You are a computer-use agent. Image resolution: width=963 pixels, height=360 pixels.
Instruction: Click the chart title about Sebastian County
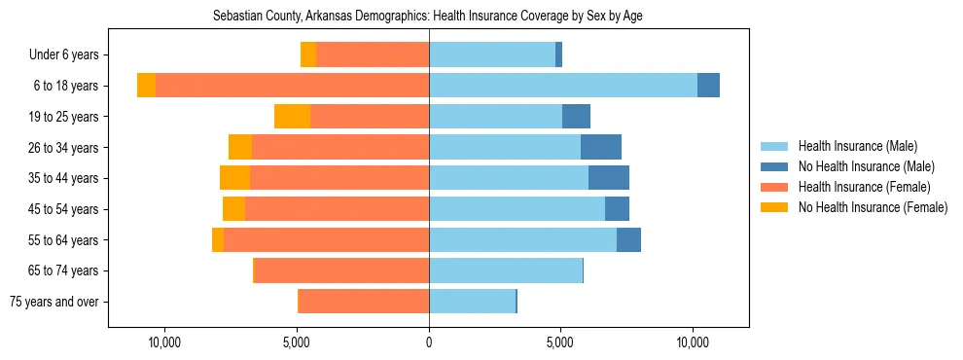click(x=427, y=17)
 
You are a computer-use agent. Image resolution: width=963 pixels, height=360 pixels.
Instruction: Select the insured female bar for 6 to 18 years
click(x=292, y=86)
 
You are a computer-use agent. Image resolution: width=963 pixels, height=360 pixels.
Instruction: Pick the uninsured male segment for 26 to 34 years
click(x=601, y=147)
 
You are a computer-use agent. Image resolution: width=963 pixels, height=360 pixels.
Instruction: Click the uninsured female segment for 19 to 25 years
click(x=292, y=117)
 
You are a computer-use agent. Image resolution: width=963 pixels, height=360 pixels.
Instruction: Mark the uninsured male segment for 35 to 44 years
click(x=609, y=178)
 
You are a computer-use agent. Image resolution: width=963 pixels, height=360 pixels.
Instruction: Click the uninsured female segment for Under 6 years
click(x=308, y=54)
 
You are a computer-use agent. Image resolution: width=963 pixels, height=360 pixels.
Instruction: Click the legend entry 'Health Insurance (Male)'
click(x=857, y=146)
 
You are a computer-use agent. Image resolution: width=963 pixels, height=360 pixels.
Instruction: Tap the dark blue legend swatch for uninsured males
click(x=775, y=166)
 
